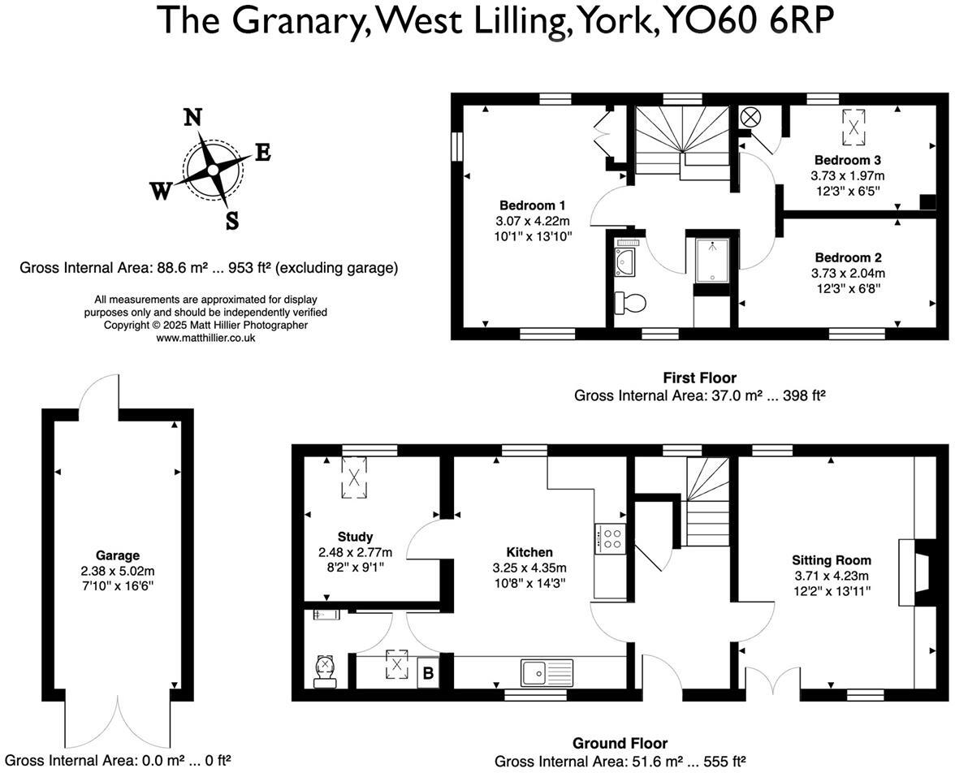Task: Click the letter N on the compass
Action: click(x=192, y=118)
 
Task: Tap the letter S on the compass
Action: click(x=232, y=221)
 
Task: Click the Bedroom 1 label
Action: click(x=532, y=205)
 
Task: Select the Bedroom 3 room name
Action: click(x=847, y=160)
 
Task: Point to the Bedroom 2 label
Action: click(x=847, y=257)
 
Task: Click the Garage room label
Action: click(x=117, y=556)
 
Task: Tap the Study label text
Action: click(x=355, y=537)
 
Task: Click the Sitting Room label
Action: click(x=831, y=560)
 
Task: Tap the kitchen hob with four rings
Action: click(x=611, y=538)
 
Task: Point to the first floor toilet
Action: click(x=630, y=303)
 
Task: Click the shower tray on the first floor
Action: click(x=712, y=260)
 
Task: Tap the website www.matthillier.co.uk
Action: click(x=205, y=337)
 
